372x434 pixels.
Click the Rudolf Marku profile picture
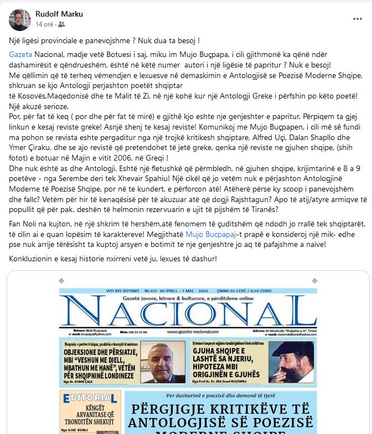click(20, 19)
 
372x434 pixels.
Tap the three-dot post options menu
click(357, 18)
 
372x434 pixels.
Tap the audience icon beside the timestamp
click(61, 24)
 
